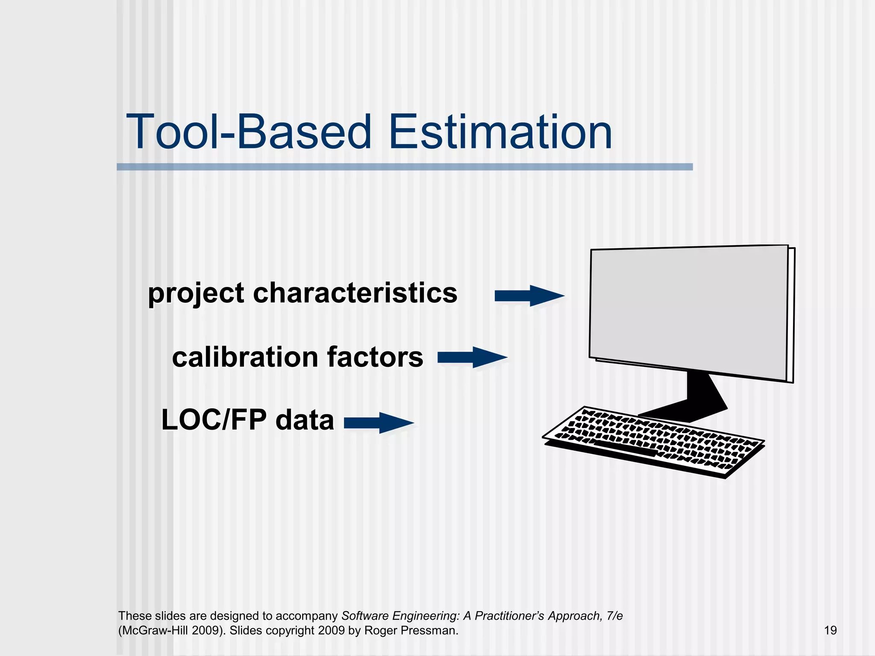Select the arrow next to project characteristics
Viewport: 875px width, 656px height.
click(x=529, y=296)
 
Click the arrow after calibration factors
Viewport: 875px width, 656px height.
click(x=472, y=357)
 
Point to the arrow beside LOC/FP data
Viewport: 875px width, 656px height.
click(x=379, y=423)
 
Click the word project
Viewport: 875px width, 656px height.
click(x=196, y=295)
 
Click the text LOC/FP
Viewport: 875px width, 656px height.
click(x=214, y=420)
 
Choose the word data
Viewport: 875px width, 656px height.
click(x=305, y=420)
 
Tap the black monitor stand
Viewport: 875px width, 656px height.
click(x=701, y=395)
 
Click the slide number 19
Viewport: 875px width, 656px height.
click(x=830, y=630)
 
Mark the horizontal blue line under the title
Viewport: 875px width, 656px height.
click(x=404, y=167)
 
